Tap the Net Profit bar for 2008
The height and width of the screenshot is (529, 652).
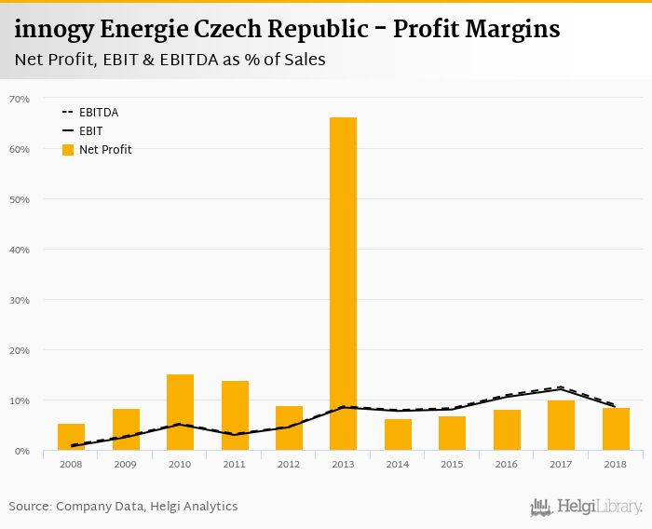pyautogui.click(x=71, y=437)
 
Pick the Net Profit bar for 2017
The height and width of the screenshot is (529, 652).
pyautogui.click(x=561, y=426)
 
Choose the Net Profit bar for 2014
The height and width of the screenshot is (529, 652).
pyautogui.click(x=398, y=435)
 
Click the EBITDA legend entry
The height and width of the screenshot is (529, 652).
pyautogui.click(x=98, y=112)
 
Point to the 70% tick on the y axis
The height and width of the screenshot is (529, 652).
pyautogui.click(x=20, y=99)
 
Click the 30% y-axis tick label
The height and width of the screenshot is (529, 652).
pyautogui.click(x=20, y=300)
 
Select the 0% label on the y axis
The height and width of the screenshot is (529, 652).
pyautogui.click(x=22, y=451)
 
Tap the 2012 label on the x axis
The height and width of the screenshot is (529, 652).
pyautogui.click(x=289, y=464)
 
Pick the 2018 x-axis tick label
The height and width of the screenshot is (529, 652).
pyautogui.click(x=615, y=464)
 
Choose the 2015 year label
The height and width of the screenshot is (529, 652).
pyautogui.click(x=452, y=464)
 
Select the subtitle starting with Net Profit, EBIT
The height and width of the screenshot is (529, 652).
pyautogui.click(x=170, y=60)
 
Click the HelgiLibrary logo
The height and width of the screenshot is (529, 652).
pyautogui.click(x=587, y=507)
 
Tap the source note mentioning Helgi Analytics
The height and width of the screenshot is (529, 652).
pyautogui.click(x=124, y=507)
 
